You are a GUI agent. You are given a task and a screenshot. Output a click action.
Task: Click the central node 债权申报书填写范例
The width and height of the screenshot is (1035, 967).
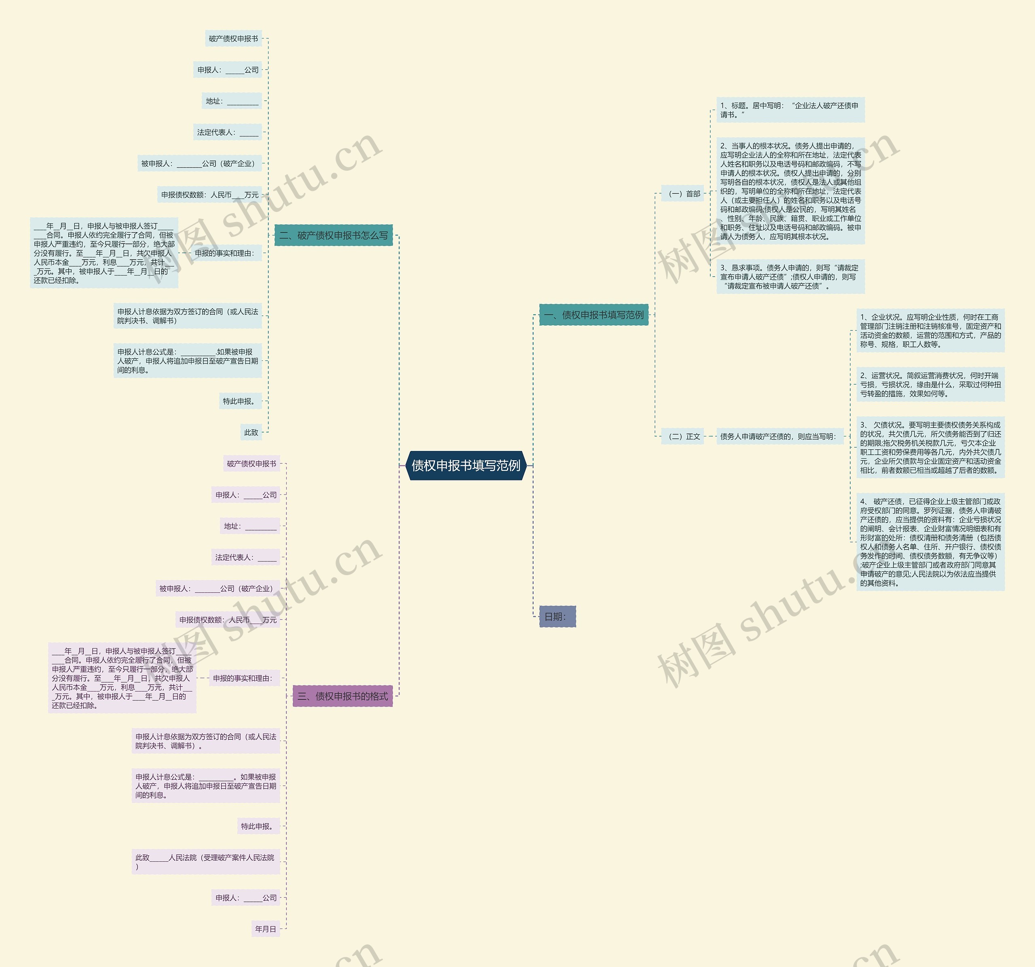466,466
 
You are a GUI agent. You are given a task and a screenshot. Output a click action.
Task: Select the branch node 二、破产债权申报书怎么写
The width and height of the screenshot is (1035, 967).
333,235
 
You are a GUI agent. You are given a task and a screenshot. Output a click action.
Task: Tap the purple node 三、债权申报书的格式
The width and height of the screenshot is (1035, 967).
342,696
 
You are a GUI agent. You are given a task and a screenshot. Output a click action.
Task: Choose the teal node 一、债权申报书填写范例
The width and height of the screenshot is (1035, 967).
594,315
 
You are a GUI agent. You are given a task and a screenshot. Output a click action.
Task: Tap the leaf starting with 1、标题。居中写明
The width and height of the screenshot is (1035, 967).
790,110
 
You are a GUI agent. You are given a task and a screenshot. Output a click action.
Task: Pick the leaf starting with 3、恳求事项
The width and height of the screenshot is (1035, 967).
790,277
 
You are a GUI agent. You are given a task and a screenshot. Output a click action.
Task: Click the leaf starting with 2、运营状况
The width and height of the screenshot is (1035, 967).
930,384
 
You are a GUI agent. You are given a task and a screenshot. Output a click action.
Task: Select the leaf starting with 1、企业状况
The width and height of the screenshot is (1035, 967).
930,330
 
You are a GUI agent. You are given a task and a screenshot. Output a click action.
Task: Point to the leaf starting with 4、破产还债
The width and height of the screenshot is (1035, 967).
930,542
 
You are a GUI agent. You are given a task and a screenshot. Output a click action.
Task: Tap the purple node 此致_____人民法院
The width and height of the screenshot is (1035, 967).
206,862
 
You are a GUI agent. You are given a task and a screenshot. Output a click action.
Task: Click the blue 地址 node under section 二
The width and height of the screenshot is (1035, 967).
232,101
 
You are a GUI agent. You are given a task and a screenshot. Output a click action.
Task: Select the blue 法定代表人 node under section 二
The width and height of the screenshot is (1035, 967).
228,132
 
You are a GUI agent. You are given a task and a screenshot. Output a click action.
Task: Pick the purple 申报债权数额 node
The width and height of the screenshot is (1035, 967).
228,620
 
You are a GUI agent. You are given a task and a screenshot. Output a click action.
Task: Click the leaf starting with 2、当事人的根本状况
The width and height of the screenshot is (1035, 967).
790,190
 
